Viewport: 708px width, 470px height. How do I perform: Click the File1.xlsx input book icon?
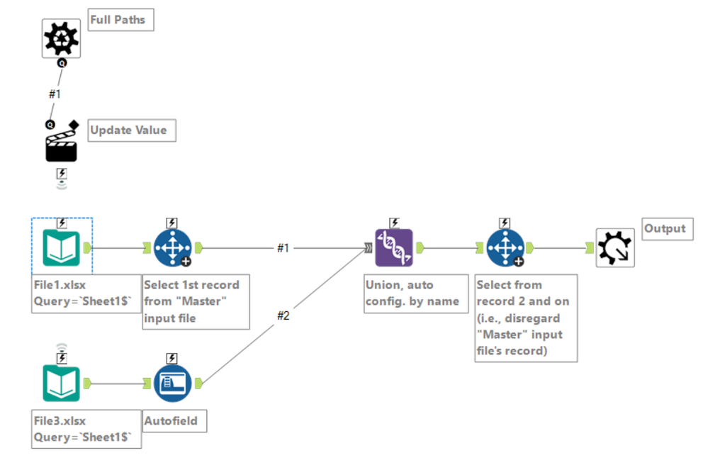click(62, 247)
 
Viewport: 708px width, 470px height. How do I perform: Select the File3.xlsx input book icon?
click(62, 384)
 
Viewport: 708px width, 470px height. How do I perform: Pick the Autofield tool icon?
click(172, 384)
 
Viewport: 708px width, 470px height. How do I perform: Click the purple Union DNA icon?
click(393, 247)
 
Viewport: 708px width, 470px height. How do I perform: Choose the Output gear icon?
click(614, 247)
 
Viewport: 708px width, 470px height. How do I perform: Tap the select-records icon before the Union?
click(172, 247)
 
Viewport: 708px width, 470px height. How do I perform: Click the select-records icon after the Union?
click(505, 247)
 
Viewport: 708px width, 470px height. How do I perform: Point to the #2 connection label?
click(283, 315)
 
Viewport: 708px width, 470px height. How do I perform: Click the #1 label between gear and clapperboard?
click(55, 94)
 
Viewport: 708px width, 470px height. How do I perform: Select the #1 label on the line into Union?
click(283, 248)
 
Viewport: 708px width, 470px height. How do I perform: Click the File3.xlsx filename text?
click(60, 421)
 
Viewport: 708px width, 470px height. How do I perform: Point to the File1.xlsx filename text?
click(60, 285)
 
